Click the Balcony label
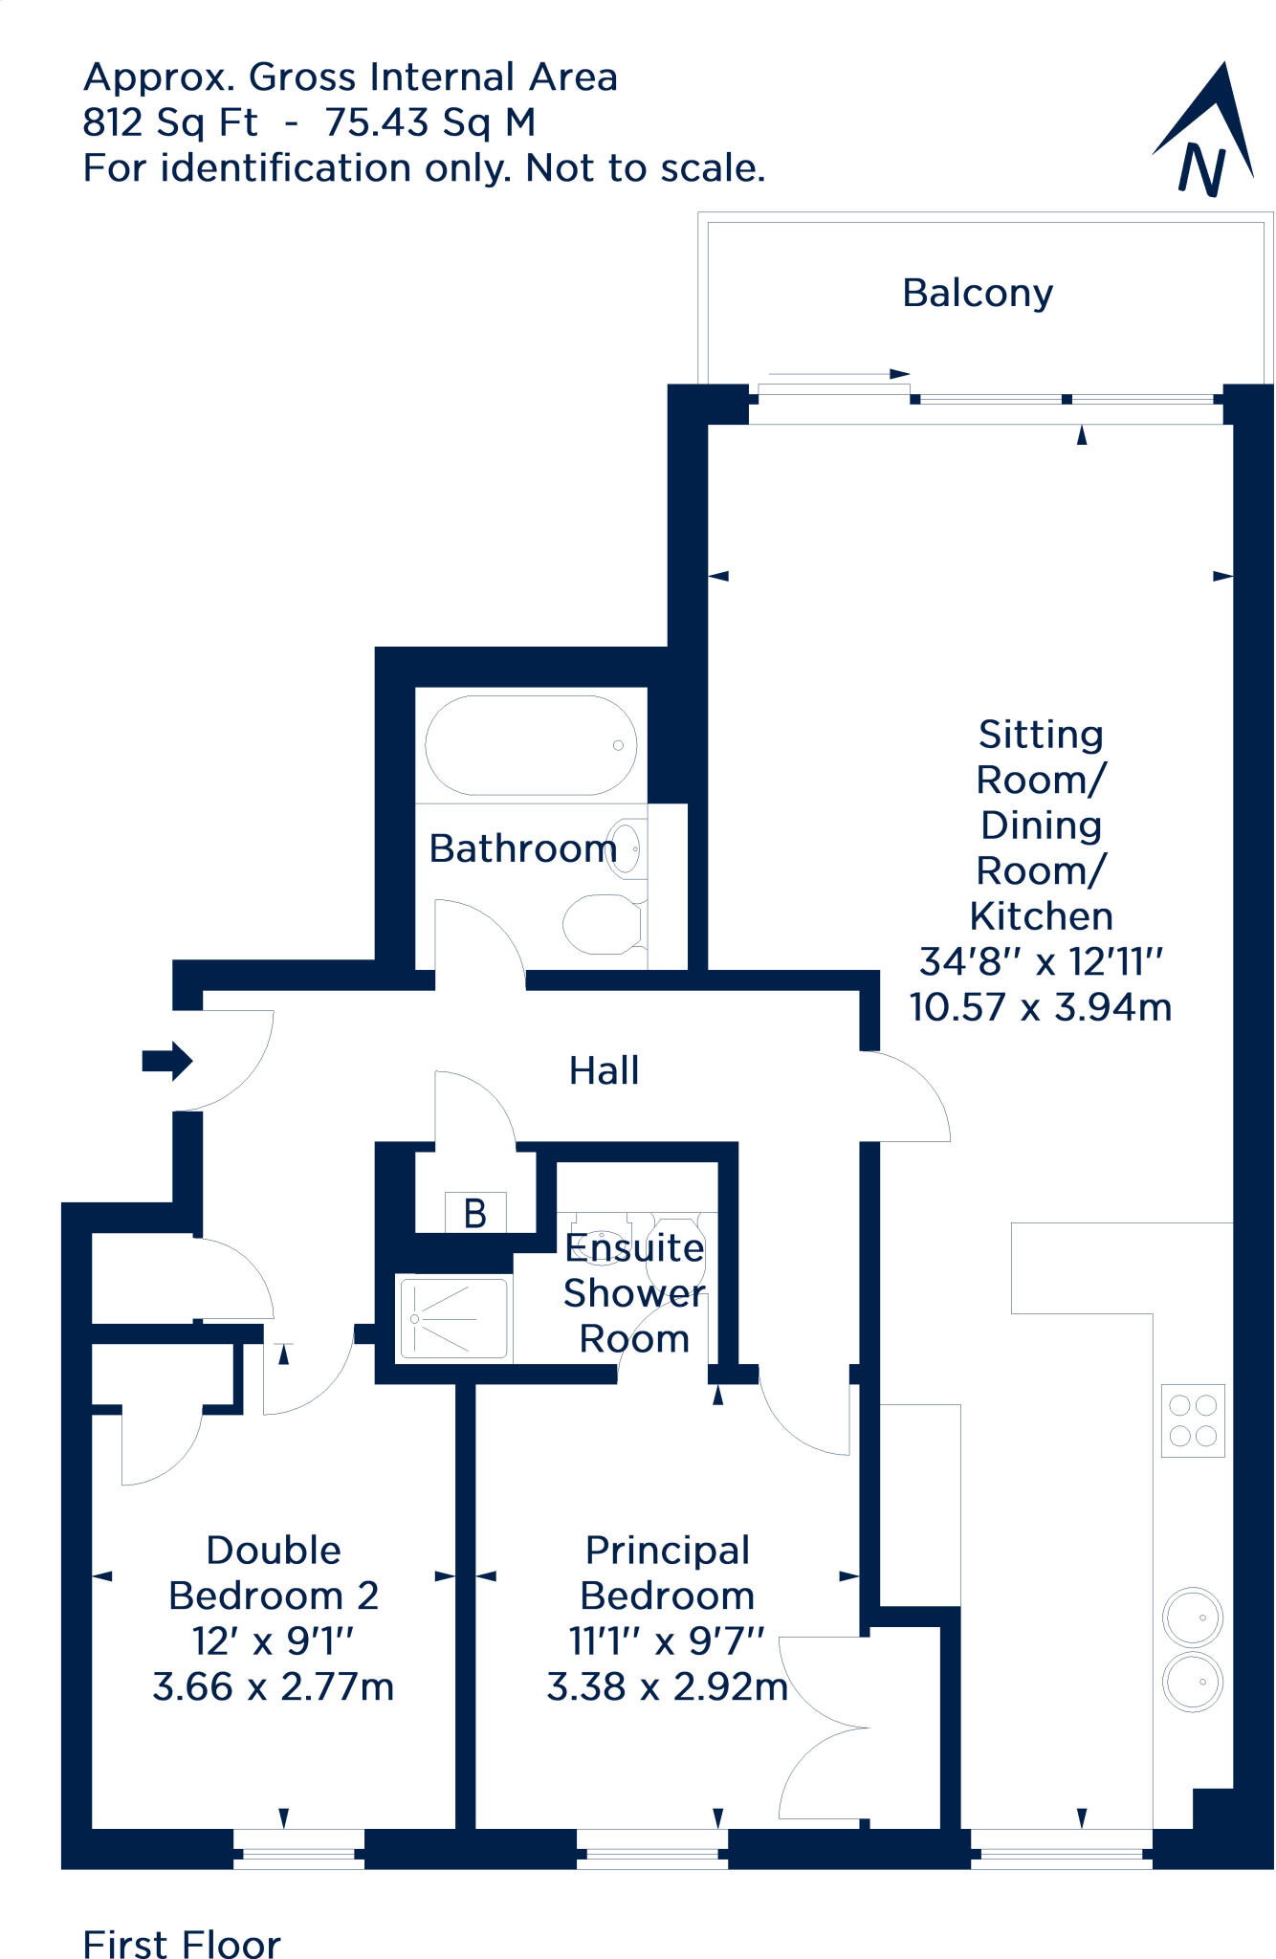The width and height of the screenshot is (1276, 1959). [x=977, y=293]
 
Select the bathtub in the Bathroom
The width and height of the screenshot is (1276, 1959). [x=531, y=745]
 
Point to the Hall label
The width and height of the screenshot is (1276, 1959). [x=604, y=1070]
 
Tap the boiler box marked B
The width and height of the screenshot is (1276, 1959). [x=475, y=1213]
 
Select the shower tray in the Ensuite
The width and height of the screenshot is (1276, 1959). [x=453, y=1319]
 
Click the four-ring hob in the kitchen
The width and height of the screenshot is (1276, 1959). [x=1193, y=1420]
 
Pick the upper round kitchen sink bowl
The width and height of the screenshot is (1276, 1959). [x=1192, y=1618]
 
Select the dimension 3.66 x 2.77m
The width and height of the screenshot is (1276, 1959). [x=274, y=1686]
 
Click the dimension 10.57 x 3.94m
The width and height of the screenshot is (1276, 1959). [x=1040, y=1007]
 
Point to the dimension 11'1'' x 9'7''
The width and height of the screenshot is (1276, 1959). [x=667, y=1641]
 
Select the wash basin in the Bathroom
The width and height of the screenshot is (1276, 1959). [x=627, y=847]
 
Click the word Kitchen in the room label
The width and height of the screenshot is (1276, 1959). [x=1041, y=916]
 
